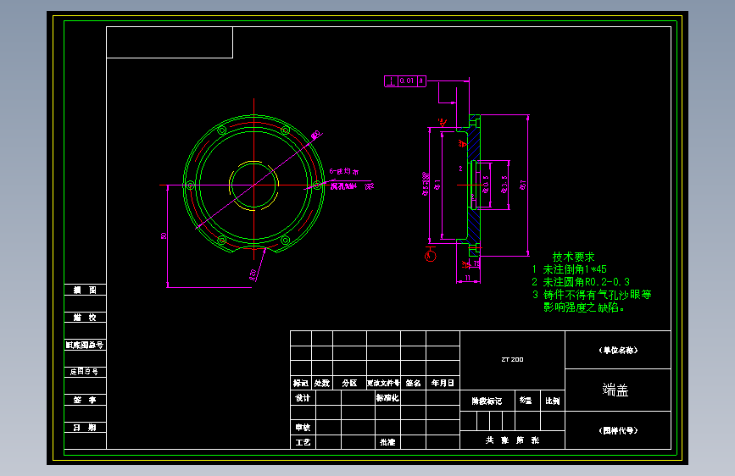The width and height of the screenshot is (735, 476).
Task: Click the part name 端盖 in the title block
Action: [x=616, y=390]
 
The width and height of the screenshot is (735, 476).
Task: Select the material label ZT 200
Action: [x=512, y=360]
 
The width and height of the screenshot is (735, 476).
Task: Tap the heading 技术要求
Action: [x=573, y=257]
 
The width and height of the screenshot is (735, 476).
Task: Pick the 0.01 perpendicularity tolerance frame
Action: [x=404, y=81]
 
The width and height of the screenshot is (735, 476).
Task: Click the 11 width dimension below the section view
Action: [x=467, y=278]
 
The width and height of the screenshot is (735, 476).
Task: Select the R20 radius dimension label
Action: [x=253, y=274]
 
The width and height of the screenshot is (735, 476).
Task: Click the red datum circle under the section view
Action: [x=430, y=255]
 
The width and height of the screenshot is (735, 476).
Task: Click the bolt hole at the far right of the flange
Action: [x=316, y=185]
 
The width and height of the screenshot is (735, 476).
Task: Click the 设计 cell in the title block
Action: [x=302, y=397]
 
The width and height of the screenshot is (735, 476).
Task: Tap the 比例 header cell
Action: [x=553, y=401]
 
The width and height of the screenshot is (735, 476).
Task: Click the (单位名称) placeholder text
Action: [x=618, y=350]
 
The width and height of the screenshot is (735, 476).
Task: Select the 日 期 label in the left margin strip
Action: [x=85, y=428]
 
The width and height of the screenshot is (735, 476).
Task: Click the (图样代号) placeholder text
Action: [x=618, y=429]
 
